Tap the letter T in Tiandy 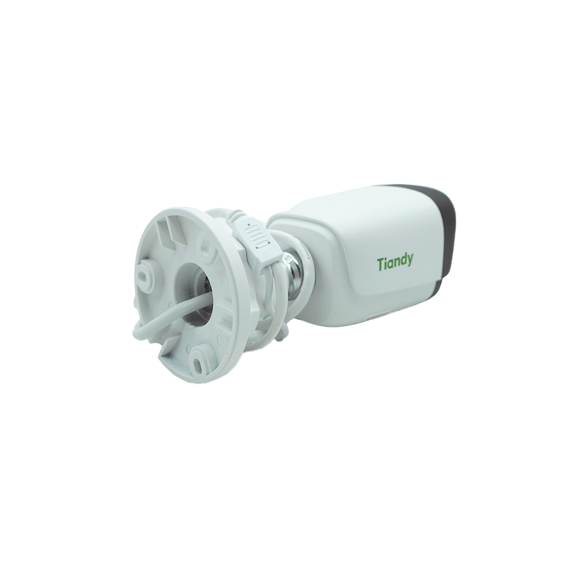click(380, 263)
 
